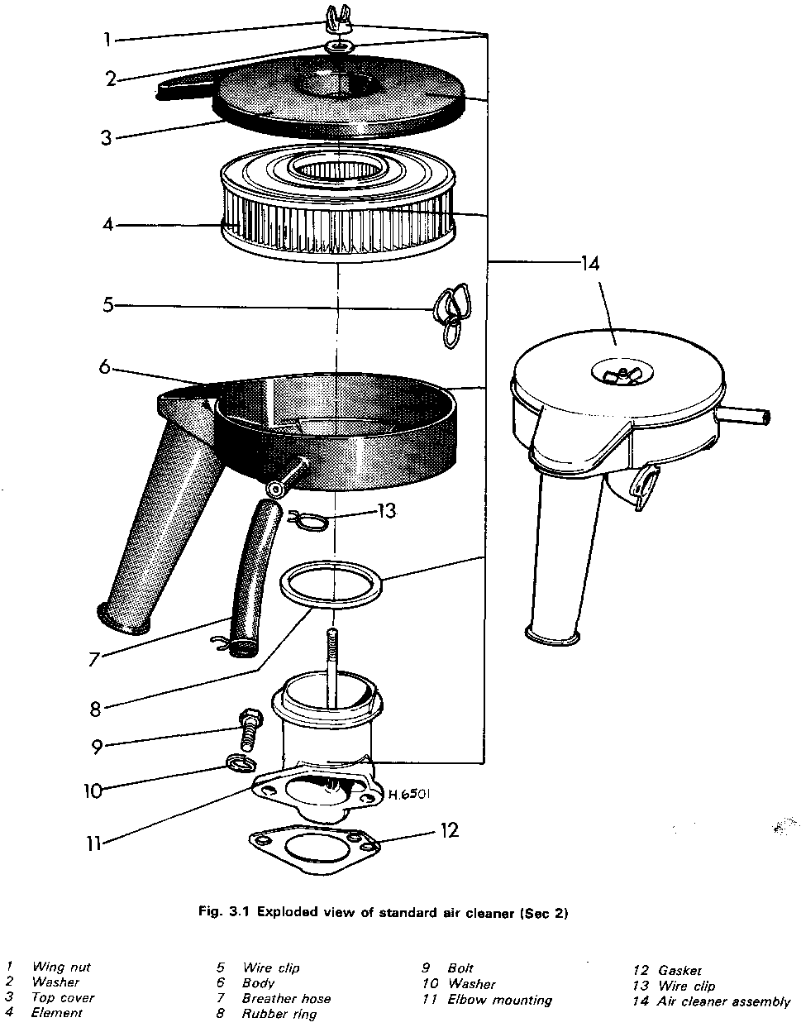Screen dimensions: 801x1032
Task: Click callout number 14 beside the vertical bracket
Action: pos(590,263)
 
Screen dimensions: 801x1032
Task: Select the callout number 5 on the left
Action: pos(108,304)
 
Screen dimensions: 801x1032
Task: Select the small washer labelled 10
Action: pos(241,764)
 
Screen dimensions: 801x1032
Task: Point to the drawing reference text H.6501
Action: pos(409,794)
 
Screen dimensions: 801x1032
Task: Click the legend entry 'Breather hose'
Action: pos(286,998)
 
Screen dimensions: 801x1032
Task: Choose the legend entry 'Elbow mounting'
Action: pos(499,999)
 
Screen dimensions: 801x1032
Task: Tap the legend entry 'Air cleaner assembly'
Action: pos(723,1001)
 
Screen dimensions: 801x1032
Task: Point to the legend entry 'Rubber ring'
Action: pos(279,1014)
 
